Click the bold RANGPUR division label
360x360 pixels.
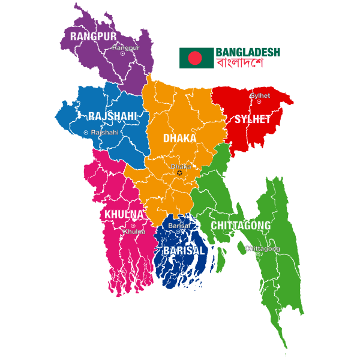(92, 37)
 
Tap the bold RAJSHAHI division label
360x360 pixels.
(112, 116)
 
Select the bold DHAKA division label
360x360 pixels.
(179, 139)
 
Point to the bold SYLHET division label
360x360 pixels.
(252, 119)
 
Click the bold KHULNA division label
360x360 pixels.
(124, 214)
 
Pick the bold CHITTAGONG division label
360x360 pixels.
(241, 226)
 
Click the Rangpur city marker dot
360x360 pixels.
(122, 53)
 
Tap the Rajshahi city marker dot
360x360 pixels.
(86, 133)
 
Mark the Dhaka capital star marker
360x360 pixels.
(179, 173)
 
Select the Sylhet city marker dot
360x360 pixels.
(259, 102)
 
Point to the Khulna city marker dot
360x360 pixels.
(133, 226)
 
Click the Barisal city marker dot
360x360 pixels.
(178, 232)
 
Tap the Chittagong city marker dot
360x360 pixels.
(258, 254)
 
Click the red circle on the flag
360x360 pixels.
(195, 58)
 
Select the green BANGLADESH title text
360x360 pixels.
(247, 52)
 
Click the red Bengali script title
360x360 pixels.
(240, 62)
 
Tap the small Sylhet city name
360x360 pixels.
(260, 95)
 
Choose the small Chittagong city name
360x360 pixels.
(262, 248)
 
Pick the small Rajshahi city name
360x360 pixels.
(104, 133)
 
